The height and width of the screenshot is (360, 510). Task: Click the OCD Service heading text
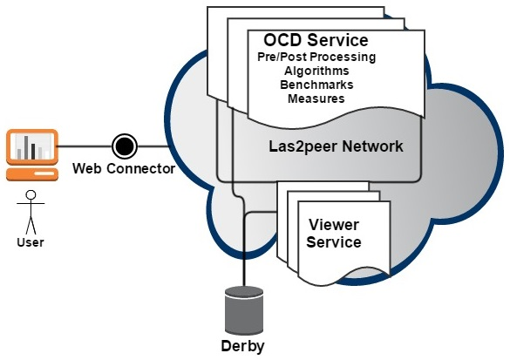[316, 40]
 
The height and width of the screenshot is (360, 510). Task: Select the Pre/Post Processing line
[316, 57]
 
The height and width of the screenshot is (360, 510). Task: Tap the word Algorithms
[316, 71]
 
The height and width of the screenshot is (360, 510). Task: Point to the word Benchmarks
[316, 85]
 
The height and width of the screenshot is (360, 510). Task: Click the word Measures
[316, 98]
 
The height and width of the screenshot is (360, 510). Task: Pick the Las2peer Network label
[336, 146]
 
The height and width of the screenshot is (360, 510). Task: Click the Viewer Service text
[334, 233]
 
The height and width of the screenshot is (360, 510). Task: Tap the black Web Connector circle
[125, 146]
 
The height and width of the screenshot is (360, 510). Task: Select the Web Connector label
[124, 168]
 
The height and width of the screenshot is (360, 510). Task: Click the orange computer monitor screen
[32, 146]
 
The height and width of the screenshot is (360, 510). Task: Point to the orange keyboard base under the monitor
[32, 174]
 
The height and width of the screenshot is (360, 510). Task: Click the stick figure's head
[31, 194]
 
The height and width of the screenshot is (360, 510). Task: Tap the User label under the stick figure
[31, 242]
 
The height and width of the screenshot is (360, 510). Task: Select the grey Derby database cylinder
[244, 310]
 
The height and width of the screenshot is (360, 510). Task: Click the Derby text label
[242, 346]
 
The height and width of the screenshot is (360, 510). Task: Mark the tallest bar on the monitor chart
[26, 147]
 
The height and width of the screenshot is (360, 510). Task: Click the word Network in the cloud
[373, 146]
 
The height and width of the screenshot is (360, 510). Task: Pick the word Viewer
[334, 225]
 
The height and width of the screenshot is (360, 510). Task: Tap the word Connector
[141, 168]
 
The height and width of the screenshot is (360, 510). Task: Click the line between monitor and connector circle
[85, 146]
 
